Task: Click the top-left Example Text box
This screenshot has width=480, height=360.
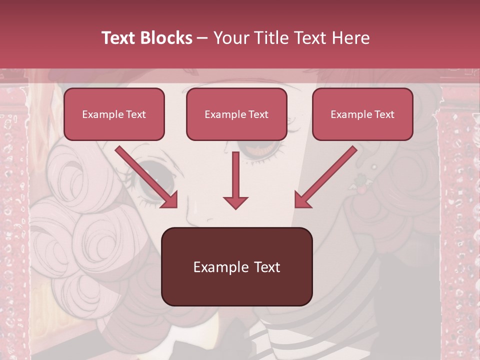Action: click(114, 114)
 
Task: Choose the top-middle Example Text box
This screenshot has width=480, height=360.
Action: click(236, 114)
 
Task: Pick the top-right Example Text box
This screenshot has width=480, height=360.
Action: click(362, 114)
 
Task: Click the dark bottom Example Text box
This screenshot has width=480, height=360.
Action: click(236, 267)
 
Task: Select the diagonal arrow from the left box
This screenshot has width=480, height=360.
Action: click(146, 177)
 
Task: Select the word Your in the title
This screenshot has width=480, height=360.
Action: click(230, 38)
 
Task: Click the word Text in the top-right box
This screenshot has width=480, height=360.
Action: click(384, 114)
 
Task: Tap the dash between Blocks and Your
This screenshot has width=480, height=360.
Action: click(203, 38)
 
